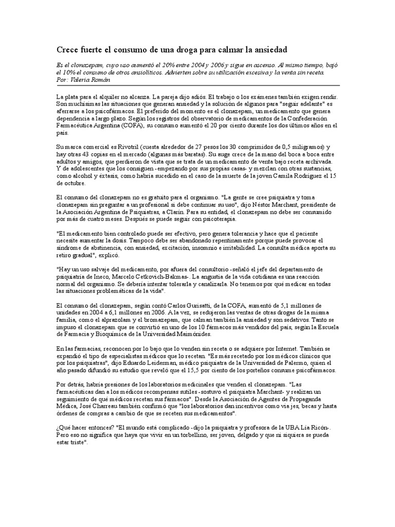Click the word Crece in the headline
point(67,49)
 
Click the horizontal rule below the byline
point(197,85)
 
